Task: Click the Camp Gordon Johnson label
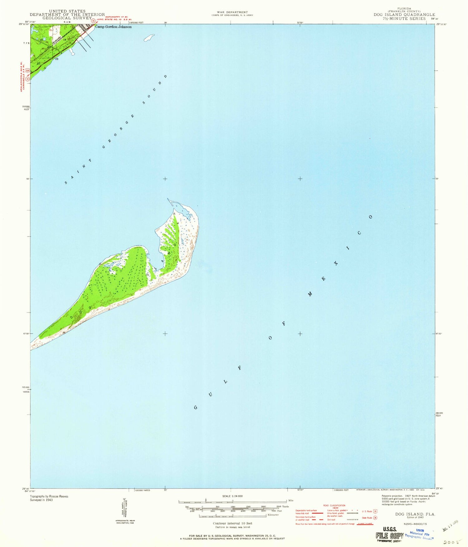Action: (113, 27)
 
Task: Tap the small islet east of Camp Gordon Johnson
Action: (149, 38)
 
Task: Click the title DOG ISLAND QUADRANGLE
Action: (404, 15)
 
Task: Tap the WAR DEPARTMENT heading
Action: (232, 12)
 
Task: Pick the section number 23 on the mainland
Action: (57, 59)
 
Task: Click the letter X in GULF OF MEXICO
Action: (336, 263)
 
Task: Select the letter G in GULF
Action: (196, 407)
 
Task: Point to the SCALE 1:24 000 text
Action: (232, 496)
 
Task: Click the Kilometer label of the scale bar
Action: (273, 515)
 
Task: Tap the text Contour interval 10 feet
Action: (232, 523)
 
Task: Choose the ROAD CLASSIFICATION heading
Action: (334, 505)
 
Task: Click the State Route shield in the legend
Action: (375, 518)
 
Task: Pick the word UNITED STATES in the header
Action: (67, 11)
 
